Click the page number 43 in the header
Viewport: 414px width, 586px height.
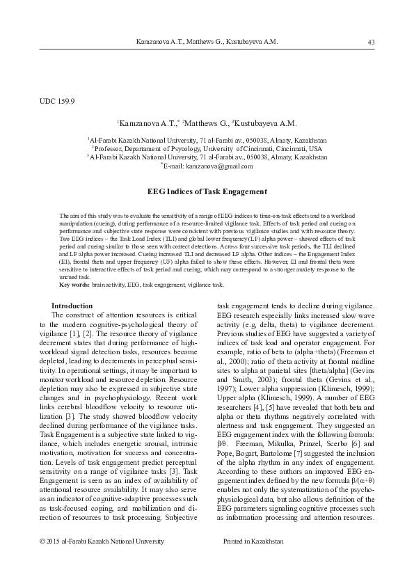click(371, 42)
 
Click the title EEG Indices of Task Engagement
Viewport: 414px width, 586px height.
click(207, 191)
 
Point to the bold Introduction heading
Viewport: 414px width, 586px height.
click(72, 306)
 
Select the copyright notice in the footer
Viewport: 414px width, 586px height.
click(102, 540)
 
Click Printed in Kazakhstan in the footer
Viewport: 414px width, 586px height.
click(253, 540)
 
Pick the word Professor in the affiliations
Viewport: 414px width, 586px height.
click(111, 148)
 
